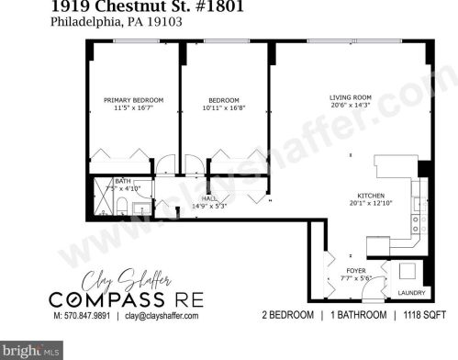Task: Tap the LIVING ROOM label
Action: coord(350,97)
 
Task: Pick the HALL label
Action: coord(209,197)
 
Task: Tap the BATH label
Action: coord(121,181)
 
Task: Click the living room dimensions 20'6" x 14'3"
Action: coord(350,106)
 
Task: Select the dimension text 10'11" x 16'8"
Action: coord(224,108)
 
